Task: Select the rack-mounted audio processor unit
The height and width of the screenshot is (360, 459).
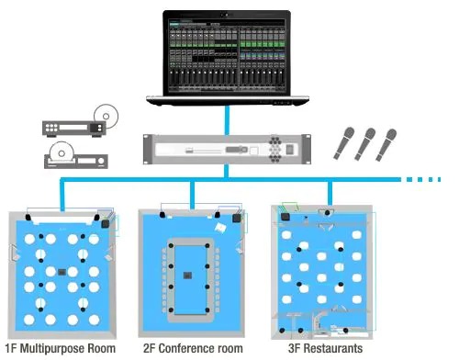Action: pyautogui.click(x=227, y=150)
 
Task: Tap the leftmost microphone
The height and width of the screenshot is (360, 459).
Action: pyautogui.click(x=344, y=143)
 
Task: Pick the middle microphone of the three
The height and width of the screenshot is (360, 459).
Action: pyautogui.click(x=365, y=144)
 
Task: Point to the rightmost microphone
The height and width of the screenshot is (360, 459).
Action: pyautogui.click(x=386, y=145)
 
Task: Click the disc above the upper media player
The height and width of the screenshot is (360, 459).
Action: pyautogui.click(x=106, y=116)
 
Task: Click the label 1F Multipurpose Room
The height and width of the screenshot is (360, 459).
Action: pyautogui.click(x=61, y=348)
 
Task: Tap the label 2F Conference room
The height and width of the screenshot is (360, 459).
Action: pyautogui.click(x=193, y=348)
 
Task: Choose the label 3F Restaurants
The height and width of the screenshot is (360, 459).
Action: pyautogui.click(x=325, y=348)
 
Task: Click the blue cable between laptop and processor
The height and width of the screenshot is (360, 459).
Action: pyautogui.click(x=227, y=120)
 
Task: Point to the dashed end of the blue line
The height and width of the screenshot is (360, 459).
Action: pyautogui.click(x=423, y=179)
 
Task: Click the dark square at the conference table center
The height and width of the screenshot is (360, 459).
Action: pyautogui.click(x=187, y=276)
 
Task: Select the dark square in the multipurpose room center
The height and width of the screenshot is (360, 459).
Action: pyautogui.click(x=62, y=272)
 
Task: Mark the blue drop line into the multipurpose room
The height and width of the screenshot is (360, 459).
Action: pyautogui.click(x=62, y=196)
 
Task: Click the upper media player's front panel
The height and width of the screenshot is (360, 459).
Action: pyautogui.click(x=73, y=128)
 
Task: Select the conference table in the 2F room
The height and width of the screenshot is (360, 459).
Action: pyautogui.click(x=189, y=280)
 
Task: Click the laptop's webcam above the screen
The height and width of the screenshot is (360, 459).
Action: pyautogui.click(x=227, y=15)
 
